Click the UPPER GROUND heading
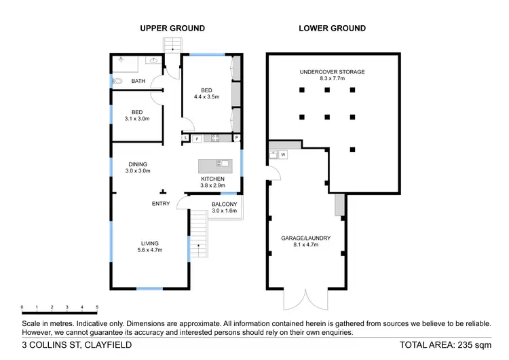coord(172,29)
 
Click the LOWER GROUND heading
coord(332,29)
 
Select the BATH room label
coord(138,82)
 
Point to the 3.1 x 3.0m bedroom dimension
coord(136,119)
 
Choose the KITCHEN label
coord(212,178)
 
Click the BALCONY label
coord(224,204)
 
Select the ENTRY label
coord(161,204)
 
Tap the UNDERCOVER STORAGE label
coord(332,71)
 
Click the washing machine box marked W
coord(283,155)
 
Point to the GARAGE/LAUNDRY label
coord(305,238)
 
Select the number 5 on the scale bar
coord(97,307)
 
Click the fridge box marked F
coord(197,139)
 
